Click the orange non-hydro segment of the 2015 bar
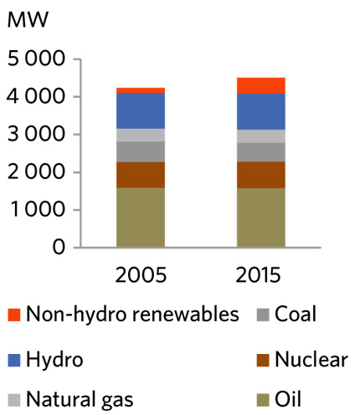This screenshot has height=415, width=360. pyautogui.click(x=238, y=85)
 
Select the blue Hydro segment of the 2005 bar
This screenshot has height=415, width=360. pyautogui.click(x=141, y=110)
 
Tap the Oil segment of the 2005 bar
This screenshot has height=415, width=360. pyautogui.click(x=141, y=218)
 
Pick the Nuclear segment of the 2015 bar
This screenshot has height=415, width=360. pyautogui.click(x=238, y=175)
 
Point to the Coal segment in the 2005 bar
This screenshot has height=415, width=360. pyautogui.click(x=141, y=151)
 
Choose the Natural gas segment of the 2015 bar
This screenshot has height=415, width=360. pyautogui.click(x=238, y=136)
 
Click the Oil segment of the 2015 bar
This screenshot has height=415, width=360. pyautogui.click(x=238, y=218)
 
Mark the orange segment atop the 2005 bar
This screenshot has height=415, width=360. pyautogui.click(x=141, y=90)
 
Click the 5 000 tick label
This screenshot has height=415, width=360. pyautogui.click(x=34, y=60)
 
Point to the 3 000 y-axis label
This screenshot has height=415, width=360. pyautogui.click(x=34, y=136)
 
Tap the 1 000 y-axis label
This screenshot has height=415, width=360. pyautogui.click(x=34, y=211)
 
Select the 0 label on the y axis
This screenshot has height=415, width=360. pyautogui.click(x=59, y=248)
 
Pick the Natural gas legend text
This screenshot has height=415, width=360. pyautogui.click(x=80, y=400)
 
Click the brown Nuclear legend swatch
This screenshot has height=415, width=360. pyautogui.click(x=262, y=361)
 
